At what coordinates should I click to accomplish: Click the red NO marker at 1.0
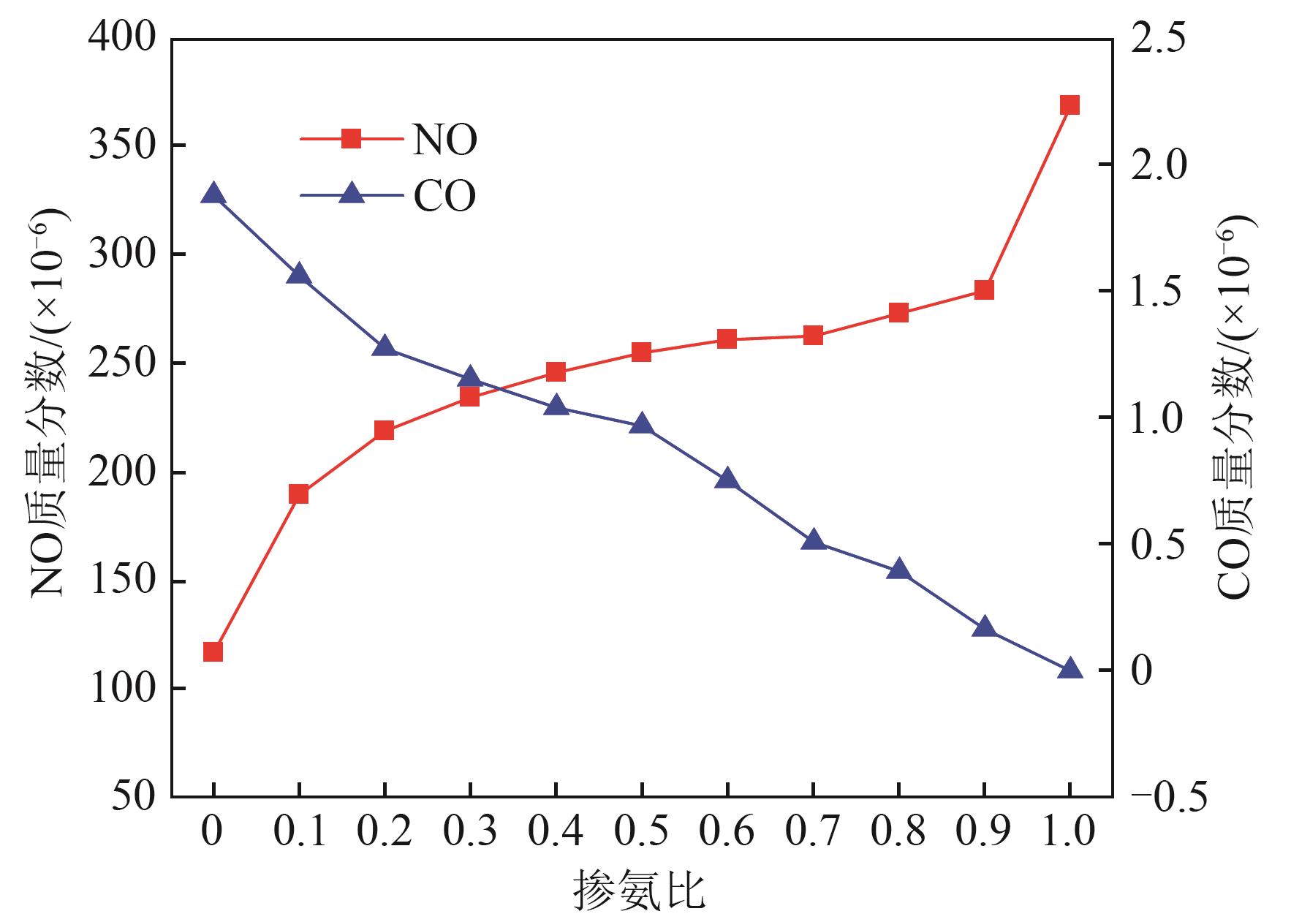[x=1069, y=105]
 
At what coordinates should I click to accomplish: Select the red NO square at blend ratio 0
[x=213, y=652]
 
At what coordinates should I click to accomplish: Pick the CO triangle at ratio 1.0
[x=1069, y=668]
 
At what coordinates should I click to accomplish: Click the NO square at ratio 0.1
[x=298, y=494]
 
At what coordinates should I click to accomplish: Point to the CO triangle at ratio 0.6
[x=727, y=480]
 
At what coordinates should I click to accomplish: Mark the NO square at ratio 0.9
[x=984, y=290]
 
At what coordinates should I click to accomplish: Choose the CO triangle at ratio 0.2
[x=384, y=347]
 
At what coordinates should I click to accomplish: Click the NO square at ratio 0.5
[x=641, y=352]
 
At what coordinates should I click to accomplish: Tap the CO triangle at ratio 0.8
[x=898, y=570]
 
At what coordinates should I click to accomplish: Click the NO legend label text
[x=444, y=139]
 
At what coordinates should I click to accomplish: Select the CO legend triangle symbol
[x=352, y=194]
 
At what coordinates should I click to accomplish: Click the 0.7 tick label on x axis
[x=813, y=832]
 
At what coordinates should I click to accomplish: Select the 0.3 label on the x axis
[x=470, y=832]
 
